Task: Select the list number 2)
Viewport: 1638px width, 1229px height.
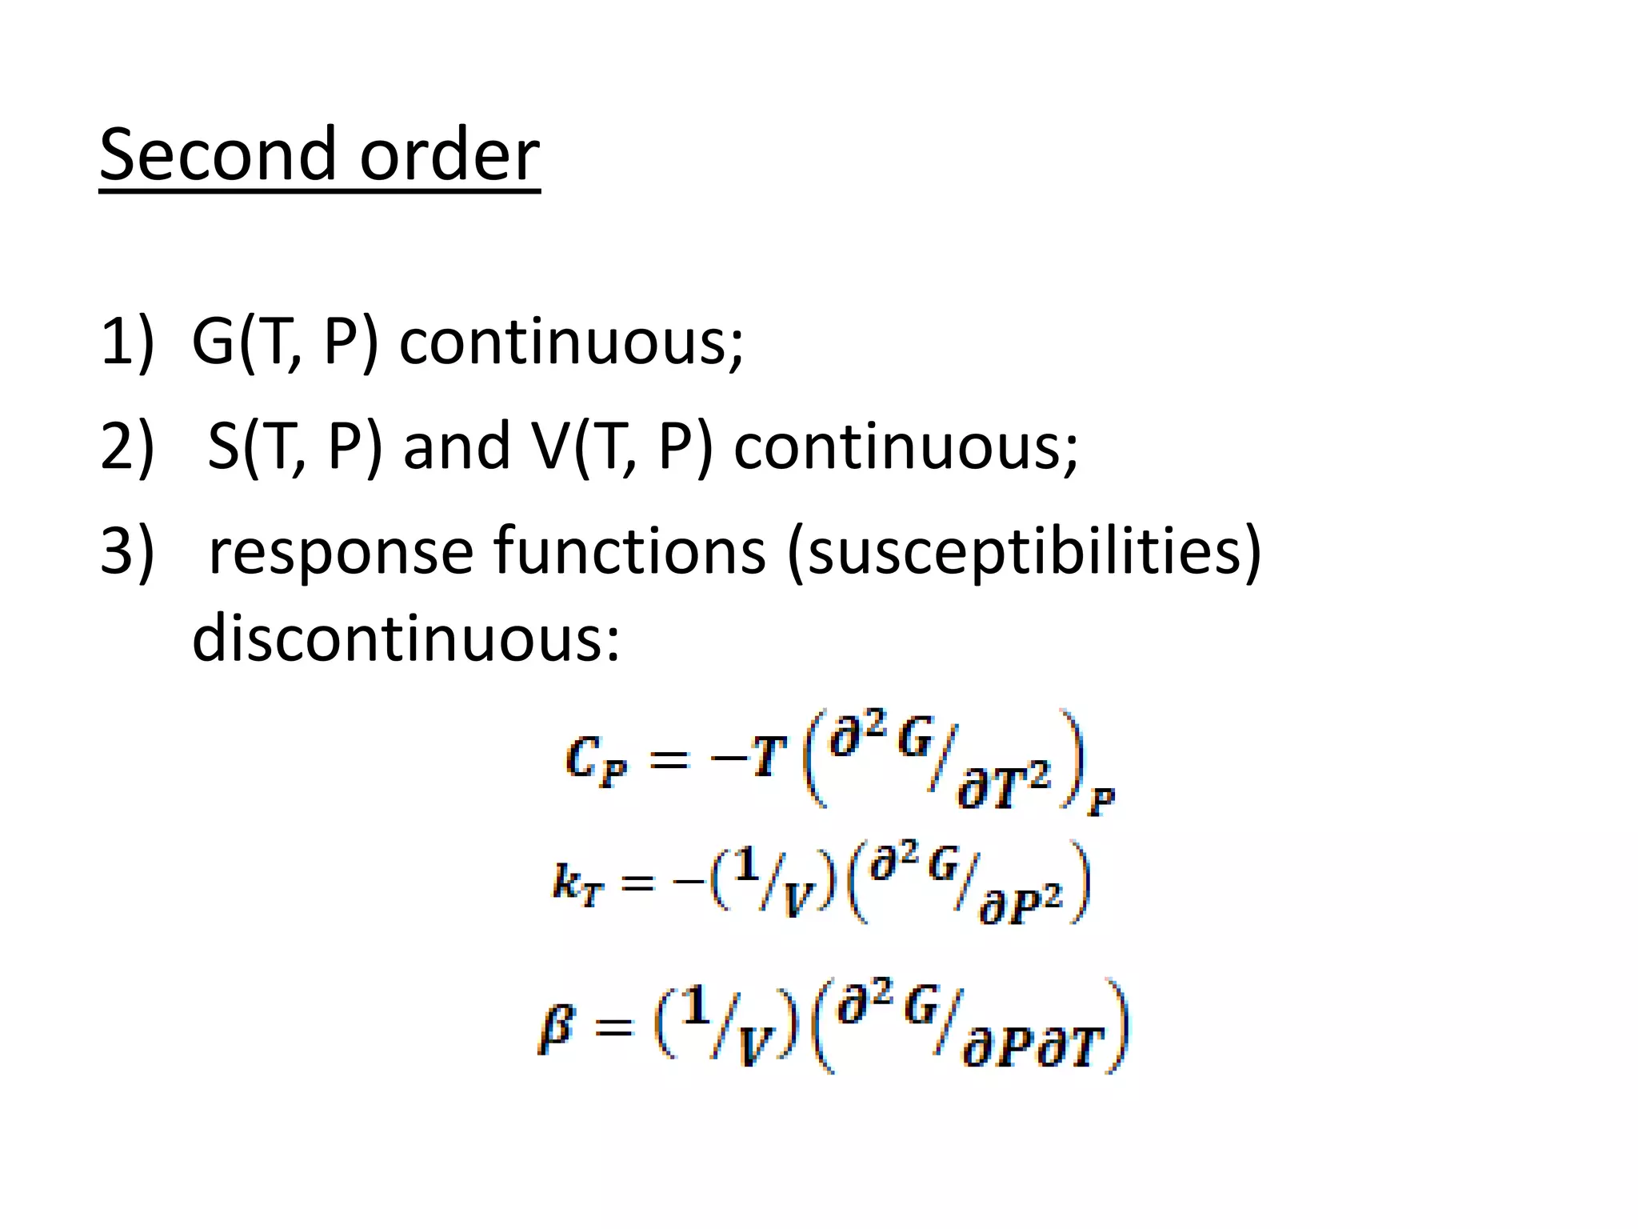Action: (x=126, y=446)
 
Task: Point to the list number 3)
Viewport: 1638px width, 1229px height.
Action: (x=126, y=551)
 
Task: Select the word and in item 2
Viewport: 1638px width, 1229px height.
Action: (x=457, y=446)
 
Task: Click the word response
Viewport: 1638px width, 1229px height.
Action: (x=341, y=551)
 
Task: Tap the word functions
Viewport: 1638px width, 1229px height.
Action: (x=629, y=551)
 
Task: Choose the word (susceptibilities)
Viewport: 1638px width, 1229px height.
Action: (x=1024, y=551)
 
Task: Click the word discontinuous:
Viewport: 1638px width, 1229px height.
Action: (x=406, y=640)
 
